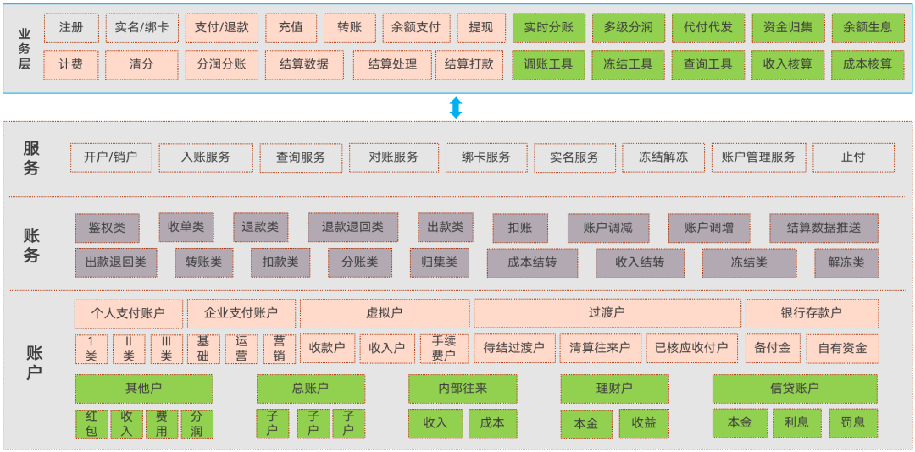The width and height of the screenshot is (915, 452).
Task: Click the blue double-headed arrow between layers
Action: coord(456,107)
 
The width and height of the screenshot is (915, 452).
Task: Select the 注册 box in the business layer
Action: coord(71,28)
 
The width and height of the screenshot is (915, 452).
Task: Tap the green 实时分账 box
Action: coord(548,28)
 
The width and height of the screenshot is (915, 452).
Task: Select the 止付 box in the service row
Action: coord(853,157)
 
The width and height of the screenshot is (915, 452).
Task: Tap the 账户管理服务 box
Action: coord(758,157)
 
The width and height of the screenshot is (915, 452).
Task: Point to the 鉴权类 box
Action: coord(107,228)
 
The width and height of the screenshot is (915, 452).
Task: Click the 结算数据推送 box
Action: coord(823,228)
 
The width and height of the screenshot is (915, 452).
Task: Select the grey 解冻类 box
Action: coord(846,263)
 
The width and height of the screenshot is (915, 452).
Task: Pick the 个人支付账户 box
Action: coord(128,313)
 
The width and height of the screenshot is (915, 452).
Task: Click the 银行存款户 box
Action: coord(811,313)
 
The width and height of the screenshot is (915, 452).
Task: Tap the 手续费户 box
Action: coord(444,349)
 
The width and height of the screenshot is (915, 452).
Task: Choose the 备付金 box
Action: coord(772,349)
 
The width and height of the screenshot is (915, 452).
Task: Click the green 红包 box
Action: coord(91,424)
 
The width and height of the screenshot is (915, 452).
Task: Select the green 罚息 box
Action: coord(852,422)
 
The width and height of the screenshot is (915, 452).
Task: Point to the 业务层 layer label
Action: coord(25,49)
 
